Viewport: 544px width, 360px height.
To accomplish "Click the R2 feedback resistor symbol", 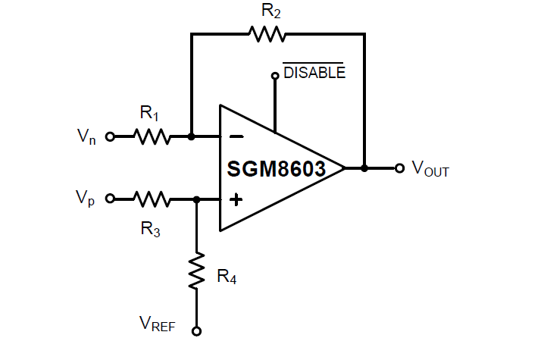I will coord(266,34).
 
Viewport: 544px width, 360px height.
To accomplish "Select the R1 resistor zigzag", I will coord(152,136).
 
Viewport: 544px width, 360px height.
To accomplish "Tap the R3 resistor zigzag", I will coord(152,199).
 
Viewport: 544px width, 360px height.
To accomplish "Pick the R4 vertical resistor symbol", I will coord(197,271).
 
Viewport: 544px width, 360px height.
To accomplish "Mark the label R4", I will coord(227,277).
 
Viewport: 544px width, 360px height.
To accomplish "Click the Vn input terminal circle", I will coord(110,136).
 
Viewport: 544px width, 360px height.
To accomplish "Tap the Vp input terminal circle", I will coord(110,199).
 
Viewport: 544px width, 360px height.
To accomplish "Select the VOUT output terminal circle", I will coord(400,167).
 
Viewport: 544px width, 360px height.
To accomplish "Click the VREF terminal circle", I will coord(197,331).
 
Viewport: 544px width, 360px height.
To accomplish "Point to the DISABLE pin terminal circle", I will coord(275,76).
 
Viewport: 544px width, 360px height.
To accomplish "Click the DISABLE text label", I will coord(314,73).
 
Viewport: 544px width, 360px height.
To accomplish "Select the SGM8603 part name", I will coord(276,168).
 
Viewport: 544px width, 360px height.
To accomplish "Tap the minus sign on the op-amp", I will coord(236,137).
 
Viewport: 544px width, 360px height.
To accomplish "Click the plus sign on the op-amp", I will coord(236,199).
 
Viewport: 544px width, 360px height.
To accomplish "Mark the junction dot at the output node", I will coord(364,167).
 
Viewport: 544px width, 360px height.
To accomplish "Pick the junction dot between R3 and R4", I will coord(197,199).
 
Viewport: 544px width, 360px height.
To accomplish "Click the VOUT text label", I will coord(430,169).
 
